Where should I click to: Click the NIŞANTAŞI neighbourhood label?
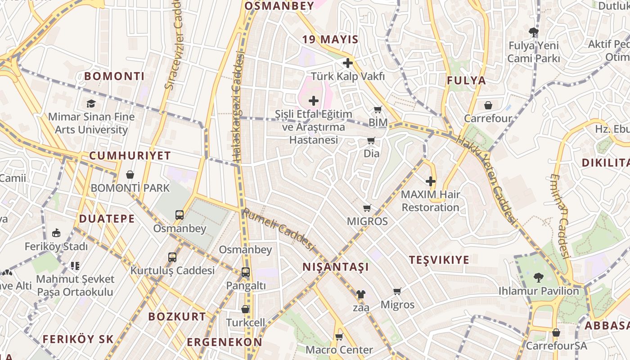click(x=336, y=267)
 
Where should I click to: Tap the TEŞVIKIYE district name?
click(x=439, y=260)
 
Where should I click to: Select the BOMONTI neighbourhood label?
click(x=114, y=76)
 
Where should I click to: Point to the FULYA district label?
click(x=466, y=81)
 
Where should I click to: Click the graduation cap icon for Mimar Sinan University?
click(x=91, y=104)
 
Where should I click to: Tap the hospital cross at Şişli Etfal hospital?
click(x=314, y=101)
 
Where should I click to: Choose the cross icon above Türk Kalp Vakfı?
click(x=347, y=63)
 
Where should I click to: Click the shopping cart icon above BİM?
click(x=378, y=109)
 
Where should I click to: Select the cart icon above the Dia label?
click(x=371, y=141)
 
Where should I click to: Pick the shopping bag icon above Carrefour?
click(x=488, y=105)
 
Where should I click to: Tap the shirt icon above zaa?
click(x=360, y=294)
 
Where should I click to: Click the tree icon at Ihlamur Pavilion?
click(x=538, y=277)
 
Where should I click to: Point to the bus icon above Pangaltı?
click(x=245, y=272)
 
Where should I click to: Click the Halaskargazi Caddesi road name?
click(x=238, y=106)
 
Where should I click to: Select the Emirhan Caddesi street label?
click(x=560, y=216)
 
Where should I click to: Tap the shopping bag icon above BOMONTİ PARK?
click(x=130, y=175)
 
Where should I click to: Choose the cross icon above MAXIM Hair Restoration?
click(x=431, y=181)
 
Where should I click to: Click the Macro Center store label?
click(x=339, y=350)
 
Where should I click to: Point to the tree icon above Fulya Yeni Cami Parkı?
click(x=534, y=32)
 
